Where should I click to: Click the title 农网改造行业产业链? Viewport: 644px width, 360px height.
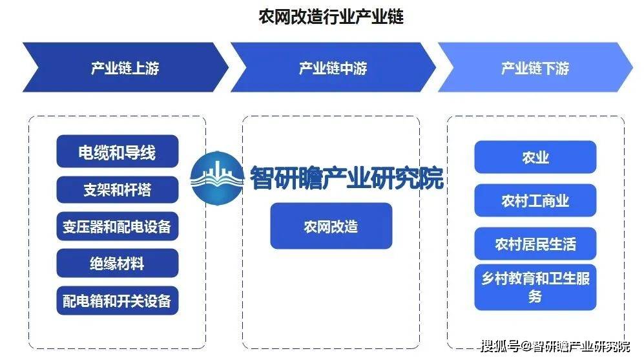(x=331, y=17)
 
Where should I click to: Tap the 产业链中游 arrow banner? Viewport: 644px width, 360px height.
(x=333, y=67)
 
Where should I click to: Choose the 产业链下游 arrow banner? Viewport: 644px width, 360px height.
(x=535, y=67)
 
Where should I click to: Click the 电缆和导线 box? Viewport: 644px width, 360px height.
(x=118, y=151)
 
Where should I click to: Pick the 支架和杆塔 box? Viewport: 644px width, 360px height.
(x=118, y=189)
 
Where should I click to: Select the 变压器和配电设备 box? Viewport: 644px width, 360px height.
(x=118, y=226)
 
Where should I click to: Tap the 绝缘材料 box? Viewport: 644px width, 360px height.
(x=118, y=263)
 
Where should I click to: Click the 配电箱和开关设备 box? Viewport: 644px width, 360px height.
(x=118, y=301)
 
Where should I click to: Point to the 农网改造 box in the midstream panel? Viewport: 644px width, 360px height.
(x=331, y=226)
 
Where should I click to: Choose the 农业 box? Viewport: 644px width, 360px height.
(x=535, y=157)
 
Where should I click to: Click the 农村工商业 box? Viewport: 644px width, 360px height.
(x=535, y=200)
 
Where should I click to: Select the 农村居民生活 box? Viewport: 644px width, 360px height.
(x=535, y=244)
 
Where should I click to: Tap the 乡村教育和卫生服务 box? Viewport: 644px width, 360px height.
(x=535, y=287)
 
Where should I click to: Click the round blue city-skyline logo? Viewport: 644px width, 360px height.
(x=217, y=178)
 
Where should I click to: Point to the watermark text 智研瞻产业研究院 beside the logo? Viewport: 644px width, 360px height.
(x=347, y=178)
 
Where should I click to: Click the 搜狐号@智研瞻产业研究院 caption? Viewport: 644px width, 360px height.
(x=556, y=346)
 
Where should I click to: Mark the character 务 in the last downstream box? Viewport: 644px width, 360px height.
(x=535, y=296)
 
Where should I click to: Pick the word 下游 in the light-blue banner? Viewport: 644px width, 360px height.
(x=556, y=68)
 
